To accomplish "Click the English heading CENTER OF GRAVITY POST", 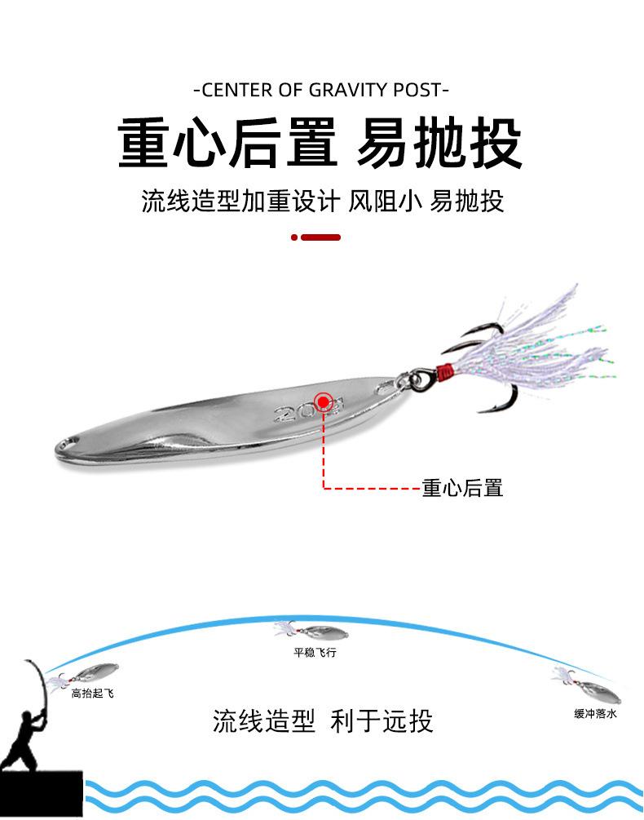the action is click(320, 90).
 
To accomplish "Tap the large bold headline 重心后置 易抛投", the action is click(320, 143).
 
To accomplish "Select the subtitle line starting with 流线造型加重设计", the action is click(322, 201).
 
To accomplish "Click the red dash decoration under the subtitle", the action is click(315, 237).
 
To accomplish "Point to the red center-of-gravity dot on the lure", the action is click(324, 401).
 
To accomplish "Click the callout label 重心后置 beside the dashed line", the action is click(462, 488).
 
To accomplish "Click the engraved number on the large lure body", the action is click(308, 408).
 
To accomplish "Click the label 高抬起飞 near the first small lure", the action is click(92, 694).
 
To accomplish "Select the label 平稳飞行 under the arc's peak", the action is click(315, 652).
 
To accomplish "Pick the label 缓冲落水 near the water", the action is click(595, 713).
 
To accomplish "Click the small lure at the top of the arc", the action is click(312, 632).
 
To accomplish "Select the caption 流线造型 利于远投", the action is click(322, 720).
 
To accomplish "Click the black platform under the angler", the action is click(42, 794).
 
